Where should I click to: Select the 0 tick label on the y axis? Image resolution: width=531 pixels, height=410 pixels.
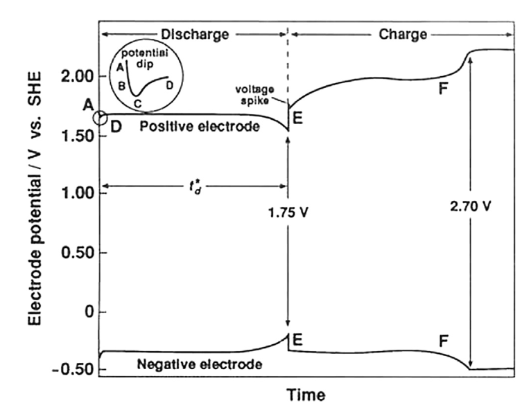pyautogui.click(x=87, y=312)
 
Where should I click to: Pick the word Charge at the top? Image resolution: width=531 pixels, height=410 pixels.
pyautogui.click(x=403, y=33)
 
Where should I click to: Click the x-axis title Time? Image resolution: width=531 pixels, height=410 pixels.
pyautogui.click(x=306, y=395)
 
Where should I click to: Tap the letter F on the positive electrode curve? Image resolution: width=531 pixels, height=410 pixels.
pyautogui.click(x=444, y=88)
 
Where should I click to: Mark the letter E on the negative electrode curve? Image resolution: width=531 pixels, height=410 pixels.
pyautogui.click(x=298, y=339)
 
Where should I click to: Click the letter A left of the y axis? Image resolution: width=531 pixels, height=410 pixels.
pyautogui.click(x=88, y=104)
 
